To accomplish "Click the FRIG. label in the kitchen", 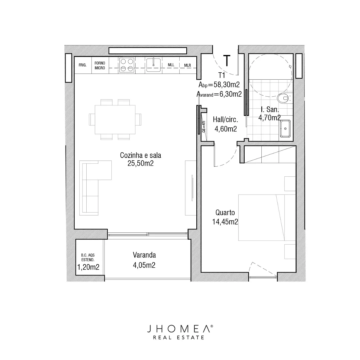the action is (82, 65).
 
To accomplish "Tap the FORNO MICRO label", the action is (100, 65).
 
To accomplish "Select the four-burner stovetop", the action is (127, 65).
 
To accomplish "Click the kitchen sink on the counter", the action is (153, 65).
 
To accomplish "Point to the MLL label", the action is (171, 65).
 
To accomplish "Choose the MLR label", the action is (188, 65).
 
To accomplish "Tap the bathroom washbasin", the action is (285, 129).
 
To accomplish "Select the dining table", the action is (115, 119).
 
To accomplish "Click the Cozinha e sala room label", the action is (141, 155).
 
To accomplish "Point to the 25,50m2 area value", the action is (141, 163).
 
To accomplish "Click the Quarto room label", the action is (225, 213).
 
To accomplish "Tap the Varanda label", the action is (144, 255).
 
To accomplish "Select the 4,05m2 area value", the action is (144, 265).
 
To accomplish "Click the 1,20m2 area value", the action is (88, 267).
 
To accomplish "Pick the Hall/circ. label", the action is (225, 120).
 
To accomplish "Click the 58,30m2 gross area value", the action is (227, 85).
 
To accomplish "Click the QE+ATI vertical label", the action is (204, 127).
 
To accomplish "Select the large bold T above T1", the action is (227, 61).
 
